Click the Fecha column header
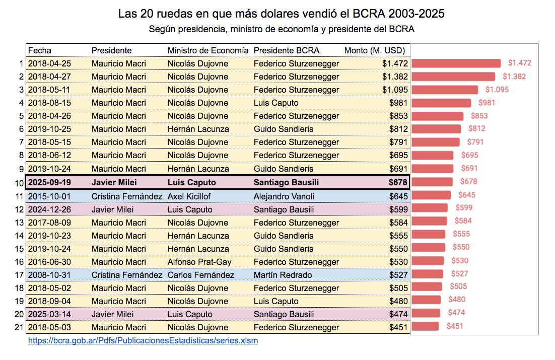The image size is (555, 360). point(40,50)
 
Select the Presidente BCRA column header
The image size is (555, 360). point(286,50)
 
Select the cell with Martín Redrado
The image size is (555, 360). point(283,275)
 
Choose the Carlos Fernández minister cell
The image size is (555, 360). point(200,275)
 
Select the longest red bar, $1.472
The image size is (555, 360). point(456,63)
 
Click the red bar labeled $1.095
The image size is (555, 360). point(444,90)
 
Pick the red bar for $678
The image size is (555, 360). point(432,181)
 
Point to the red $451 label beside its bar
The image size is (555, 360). point(454,326)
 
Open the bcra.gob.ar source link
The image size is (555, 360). point(143,340)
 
